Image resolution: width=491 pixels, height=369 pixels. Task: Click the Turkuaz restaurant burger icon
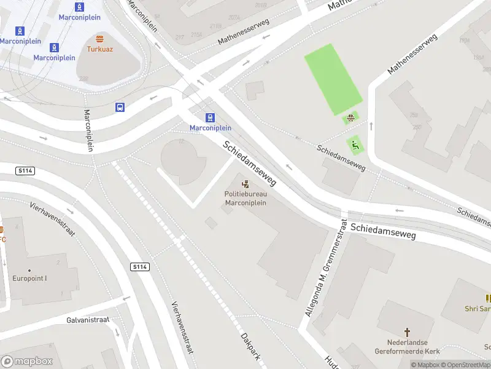point(99,38)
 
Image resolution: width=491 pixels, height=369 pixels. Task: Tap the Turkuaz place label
point(99,48)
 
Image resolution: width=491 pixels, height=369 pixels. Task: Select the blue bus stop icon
point(120,107)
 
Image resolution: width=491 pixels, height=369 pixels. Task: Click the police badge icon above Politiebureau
point(245,184)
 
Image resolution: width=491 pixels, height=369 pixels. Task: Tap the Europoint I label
point(29,278)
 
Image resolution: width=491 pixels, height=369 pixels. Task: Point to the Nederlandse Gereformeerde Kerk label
point(406,347)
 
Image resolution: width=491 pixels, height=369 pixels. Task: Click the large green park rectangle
point(333,79)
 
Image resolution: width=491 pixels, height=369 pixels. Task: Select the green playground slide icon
point(355,145)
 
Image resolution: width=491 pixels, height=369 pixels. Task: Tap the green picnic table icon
point(350,118)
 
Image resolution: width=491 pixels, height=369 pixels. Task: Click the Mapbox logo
point(26,361)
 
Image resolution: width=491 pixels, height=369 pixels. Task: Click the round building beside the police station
point(183,161)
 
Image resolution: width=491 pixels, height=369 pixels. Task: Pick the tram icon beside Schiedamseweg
point(211,117)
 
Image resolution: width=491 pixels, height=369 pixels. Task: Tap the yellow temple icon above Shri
point(489,298)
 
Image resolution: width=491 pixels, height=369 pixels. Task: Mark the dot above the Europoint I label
point(29,270)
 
